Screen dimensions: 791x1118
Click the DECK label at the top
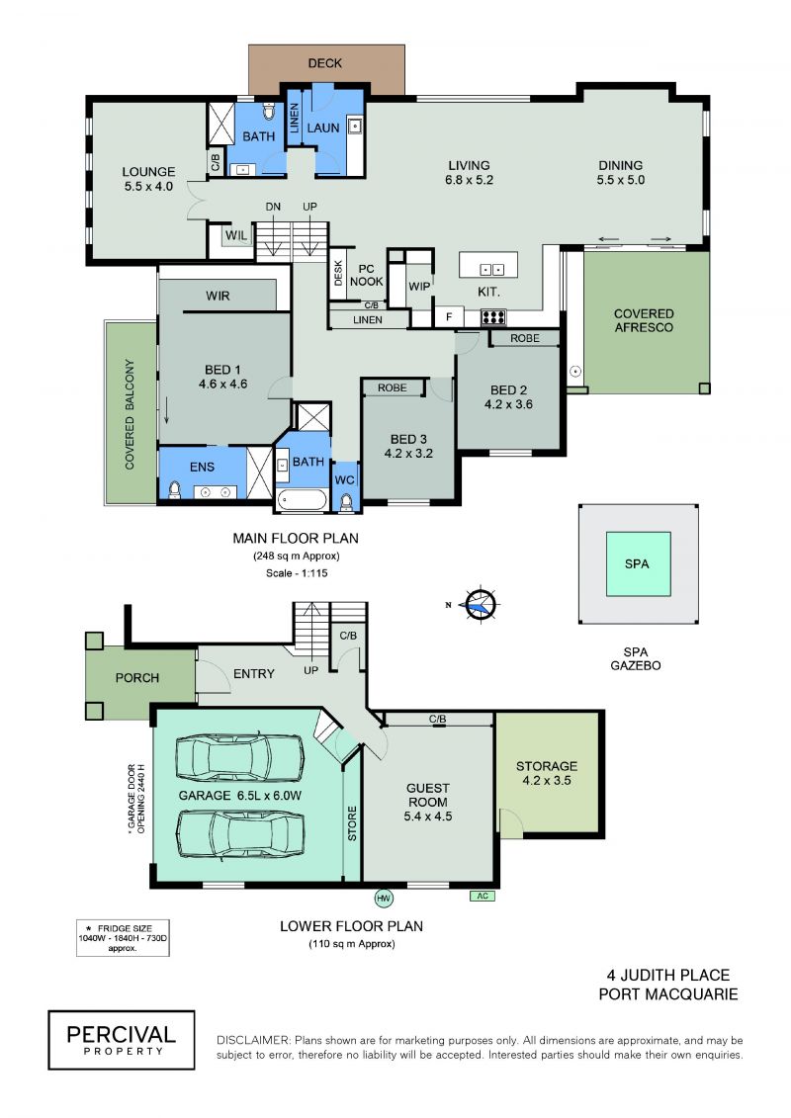point(324,63)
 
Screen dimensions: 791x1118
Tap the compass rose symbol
point(480,605)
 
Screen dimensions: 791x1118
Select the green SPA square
point(638,564)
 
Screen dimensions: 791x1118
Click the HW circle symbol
point(384,898)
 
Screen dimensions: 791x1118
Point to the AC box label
point(483,897)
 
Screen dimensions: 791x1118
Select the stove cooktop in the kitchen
point(493,316)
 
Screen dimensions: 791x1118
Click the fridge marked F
point(449,316)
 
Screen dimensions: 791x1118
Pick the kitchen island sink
point(491,270)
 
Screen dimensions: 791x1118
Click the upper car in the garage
point(239,758)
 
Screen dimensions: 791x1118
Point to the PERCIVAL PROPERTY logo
point(122,1040)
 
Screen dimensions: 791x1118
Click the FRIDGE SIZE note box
point(123,938)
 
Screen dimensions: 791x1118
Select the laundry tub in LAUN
point(355,126)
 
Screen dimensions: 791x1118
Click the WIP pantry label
point(419,286)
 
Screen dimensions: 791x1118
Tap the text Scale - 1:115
point(297,572)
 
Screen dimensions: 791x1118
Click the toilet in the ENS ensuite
point(174,490)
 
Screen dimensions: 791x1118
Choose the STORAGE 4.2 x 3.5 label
point(547,773)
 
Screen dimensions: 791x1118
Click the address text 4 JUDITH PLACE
point(668,975)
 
